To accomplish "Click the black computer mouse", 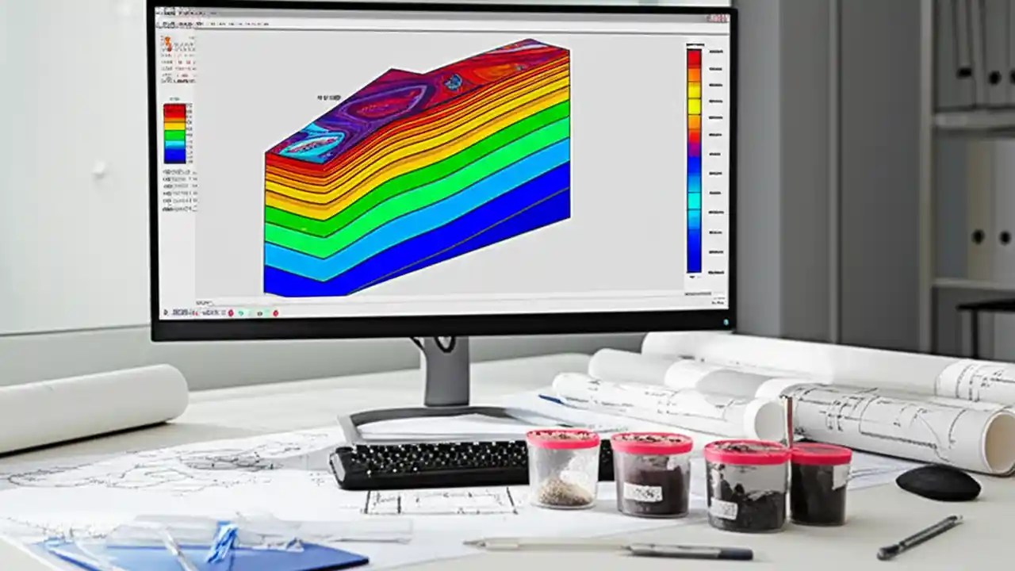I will [x=938, y=481].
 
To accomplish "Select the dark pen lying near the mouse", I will [x=920, y=536].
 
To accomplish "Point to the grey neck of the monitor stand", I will [x=446, y=373].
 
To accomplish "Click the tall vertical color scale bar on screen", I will [x=694, y=159].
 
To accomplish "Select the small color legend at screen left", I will [x=174, y=133].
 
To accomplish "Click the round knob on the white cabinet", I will [x=99, y=169].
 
